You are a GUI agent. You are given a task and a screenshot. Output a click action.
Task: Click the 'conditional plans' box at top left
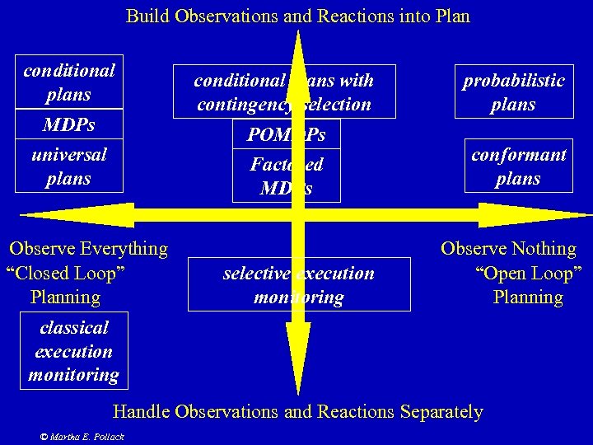69,82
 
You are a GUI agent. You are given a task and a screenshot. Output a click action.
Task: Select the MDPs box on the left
69,125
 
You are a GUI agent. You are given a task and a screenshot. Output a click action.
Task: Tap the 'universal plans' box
69,166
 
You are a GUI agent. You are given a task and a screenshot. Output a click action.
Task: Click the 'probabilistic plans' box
513,92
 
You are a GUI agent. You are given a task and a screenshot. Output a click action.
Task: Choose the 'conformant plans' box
518,166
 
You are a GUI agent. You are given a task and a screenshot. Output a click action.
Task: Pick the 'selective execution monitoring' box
298,285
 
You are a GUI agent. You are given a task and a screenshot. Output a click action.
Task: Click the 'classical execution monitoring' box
73,351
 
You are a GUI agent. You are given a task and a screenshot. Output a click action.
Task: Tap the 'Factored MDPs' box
287,176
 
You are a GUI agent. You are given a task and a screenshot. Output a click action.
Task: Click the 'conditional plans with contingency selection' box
284,92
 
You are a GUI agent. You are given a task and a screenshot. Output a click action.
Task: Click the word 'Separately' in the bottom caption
441,411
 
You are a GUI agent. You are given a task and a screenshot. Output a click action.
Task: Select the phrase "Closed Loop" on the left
65,273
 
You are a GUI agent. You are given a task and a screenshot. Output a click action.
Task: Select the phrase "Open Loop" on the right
528,273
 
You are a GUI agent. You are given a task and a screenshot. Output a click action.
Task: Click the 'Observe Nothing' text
508,248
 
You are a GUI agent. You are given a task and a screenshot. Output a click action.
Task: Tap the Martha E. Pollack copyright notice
82,436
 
